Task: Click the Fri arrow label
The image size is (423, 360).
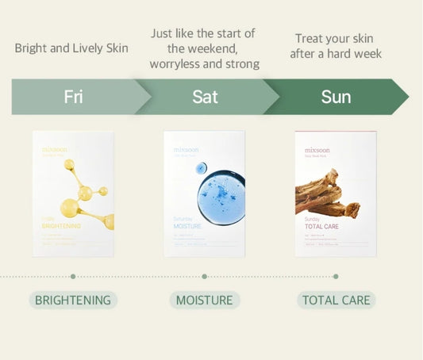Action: pyautogui.click(x=73, y=97)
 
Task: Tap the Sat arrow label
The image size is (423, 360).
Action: pyautogui.click(x=205, y=97)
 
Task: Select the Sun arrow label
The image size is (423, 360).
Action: pyautogui.click(x=336, y=97)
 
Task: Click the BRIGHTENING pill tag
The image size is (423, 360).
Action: pyautogui.click(x=73, y=300)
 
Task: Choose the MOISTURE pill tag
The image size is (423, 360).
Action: pyautogui.click(x=205, y=300)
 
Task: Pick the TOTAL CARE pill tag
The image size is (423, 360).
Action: pyautogui.click(x=336, y=300)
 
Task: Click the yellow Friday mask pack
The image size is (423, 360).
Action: pyautogui.click(x=73, y=193)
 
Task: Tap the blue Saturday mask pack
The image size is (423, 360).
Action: pyautogui.click(x=205, y=193)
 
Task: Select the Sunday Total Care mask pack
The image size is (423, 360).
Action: pyautogui.click(x=336, y=193)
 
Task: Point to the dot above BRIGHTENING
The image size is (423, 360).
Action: pyautogui.click(x=73, y=277)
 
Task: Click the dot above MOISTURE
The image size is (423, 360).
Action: pyautogui.click(x=205, y=277)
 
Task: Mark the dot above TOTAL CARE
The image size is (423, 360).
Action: pyautogui.click(x=336, y=277)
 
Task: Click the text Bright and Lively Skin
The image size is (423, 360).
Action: pyautogui.click(x=71, y=48)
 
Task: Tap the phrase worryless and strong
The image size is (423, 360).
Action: pyautogui.click(x=205, y=63)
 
